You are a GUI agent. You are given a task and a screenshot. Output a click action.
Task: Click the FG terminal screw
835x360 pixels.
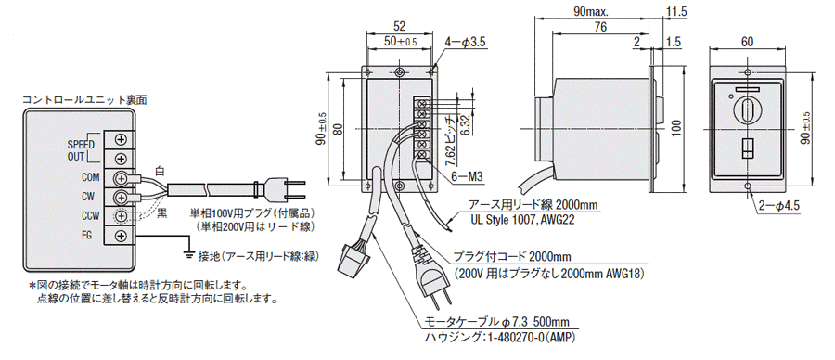tap(122, 235)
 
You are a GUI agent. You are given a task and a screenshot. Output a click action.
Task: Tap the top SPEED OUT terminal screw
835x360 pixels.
tap(122, 139)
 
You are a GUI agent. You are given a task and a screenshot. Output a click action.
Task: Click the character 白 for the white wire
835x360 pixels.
tap(160, 171)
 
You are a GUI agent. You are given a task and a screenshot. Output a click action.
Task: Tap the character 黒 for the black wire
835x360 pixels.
tap(161, 213)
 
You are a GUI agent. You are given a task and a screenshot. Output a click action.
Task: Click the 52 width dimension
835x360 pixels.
tap(399, 26)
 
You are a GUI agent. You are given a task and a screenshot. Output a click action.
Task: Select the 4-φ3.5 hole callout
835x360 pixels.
tap(466, 42)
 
